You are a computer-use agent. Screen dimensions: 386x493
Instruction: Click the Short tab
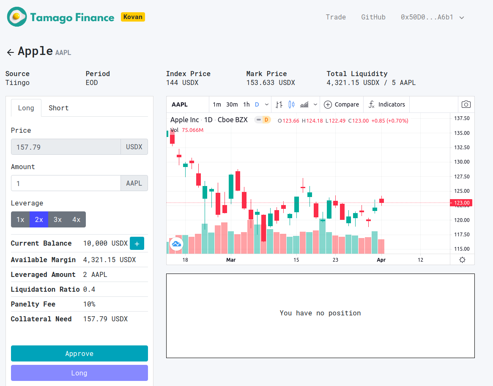tap(58, 108)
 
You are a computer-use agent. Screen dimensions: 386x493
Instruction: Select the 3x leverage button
tap(58, 219)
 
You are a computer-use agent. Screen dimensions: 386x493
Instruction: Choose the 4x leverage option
tap(76, 219)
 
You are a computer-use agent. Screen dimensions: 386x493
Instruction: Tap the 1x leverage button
tap(20, 219)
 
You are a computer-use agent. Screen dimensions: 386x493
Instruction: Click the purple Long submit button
tap(79, 373)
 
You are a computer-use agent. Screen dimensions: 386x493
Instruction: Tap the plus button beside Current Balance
tap(137, 244)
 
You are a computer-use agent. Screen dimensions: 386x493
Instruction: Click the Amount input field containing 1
tap(66, 183)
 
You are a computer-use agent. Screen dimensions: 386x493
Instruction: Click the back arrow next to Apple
tap(11, 52)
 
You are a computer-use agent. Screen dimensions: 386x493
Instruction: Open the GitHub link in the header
tap(373, 17)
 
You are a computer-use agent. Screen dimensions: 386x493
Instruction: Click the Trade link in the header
tap(336, 17)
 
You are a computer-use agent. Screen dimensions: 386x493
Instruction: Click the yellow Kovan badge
tap(133, 17)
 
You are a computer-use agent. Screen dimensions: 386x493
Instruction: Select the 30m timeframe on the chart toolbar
tap(232, 104)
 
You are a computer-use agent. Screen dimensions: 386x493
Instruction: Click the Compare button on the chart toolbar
tap(341, 104)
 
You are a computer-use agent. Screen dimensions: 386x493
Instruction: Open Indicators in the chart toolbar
tap(386, 104)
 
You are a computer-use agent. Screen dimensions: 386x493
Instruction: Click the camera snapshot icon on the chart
tap(466, 104)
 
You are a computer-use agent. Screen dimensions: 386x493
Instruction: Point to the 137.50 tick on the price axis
tap(461, 118)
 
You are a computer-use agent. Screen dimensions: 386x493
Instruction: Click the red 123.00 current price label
tap(462, 203)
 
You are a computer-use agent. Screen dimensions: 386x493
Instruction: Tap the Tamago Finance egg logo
tap(17, 17)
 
